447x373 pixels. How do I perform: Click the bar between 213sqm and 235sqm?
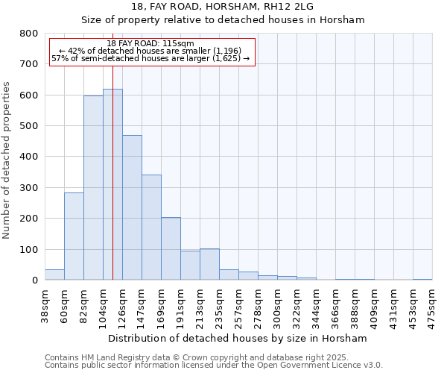(x=209, y=264)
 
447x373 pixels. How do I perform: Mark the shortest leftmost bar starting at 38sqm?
(x=54, y=275)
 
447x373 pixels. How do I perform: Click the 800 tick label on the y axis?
(x=29, y=34)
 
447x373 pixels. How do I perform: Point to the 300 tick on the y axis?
(x=29, y=188)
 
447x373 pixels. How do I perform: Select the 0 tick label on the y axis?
(x=34, y=280)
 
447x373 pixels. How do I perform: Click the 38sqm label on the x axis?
(x=45, y=304)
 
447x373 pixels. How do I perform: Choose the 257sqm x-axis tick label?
(x=238, y=306)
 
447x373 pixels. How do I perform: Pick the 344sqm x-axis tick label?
(x=316, y=306)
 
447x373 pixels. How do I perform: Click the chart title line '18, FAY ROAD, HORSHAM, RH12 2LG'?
(x=223, y=6)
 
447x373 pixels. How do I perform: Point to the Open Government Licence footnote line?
(x=214, y=366)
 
